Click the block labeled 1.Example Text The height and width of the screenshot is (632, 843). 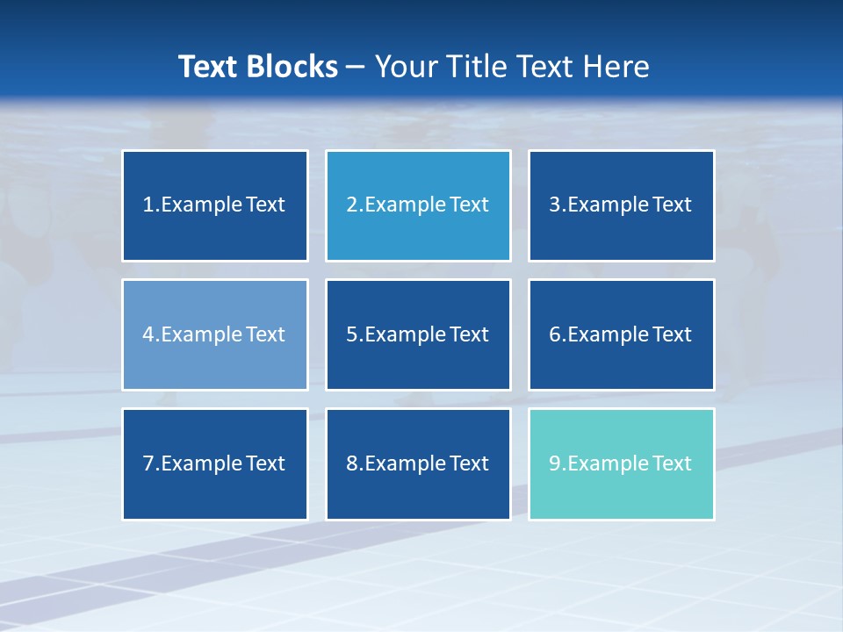215,205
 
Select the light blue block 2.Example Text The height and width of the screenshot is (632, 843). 418,205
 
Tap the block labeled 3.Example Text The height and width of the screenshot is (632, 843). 621,205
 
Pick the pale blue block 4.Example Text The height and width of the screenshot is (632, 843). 215,334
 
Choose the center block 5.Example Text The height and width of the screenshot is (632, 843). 418,334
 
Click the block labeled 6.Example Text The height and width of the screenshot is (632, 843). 621,334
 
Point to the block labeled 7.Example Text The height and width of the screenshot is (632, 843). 215,463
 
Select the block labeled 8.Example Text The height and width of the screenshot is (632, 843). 418,463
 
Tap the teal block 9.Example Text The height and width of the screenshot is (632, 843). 621,463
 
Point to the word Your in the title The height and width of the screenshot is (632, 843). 405,67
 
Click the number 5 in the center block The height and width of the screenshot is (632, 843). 351,334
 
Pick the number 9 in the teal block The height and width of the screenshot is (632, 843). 555,463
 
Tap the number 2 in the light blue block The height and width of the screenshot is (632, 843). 351,205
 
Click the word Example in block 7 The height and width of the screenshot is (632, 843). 201,463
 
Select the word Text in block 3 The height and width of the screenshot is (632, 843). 673,205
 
